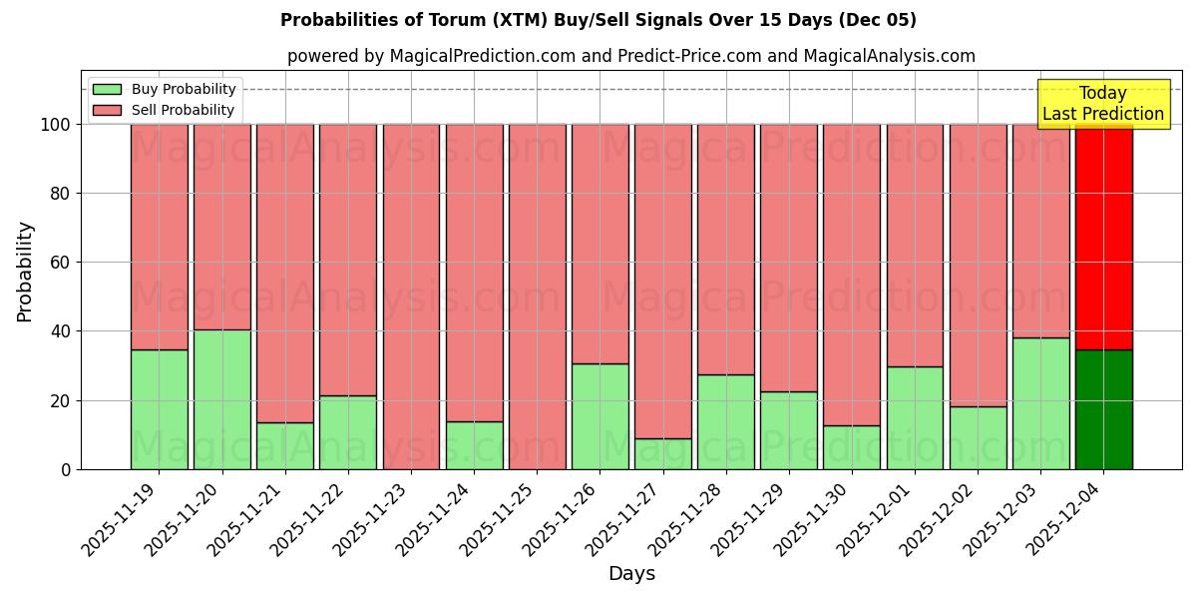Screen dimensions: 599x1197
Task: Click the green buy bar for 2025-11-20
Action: pos(221,399)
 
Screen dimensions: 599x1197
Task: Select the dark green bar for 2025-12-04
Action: pos(1103,409)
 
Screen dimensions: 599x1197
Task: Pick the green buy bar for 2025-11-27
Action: pos(662,454)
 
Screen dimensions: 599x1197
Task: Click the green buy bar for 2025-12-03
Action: pos(1040,403)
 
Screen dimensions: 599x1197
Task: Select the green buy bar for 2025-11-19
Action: pos(159,409)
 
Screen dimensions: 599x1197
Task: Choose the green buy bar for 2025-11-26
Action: pos(599,416)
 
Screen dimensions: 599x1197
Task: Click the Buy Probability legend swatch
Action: pos(106,89)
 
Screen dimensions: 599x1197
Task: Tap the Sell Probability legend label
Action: pos(183,111)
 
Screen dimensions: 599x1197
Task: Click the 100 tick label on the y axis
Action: pos(54,125)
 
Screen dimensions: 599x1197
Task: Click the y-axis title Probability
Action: pos(25,272)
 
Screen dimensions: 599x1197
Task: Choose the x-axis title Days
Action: pos(631,574)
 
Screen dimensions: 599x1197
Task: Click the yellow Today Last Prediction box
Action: pos(1102,104)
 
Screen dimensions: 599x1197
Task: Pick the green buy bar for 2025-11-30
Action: pos(851,447)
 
